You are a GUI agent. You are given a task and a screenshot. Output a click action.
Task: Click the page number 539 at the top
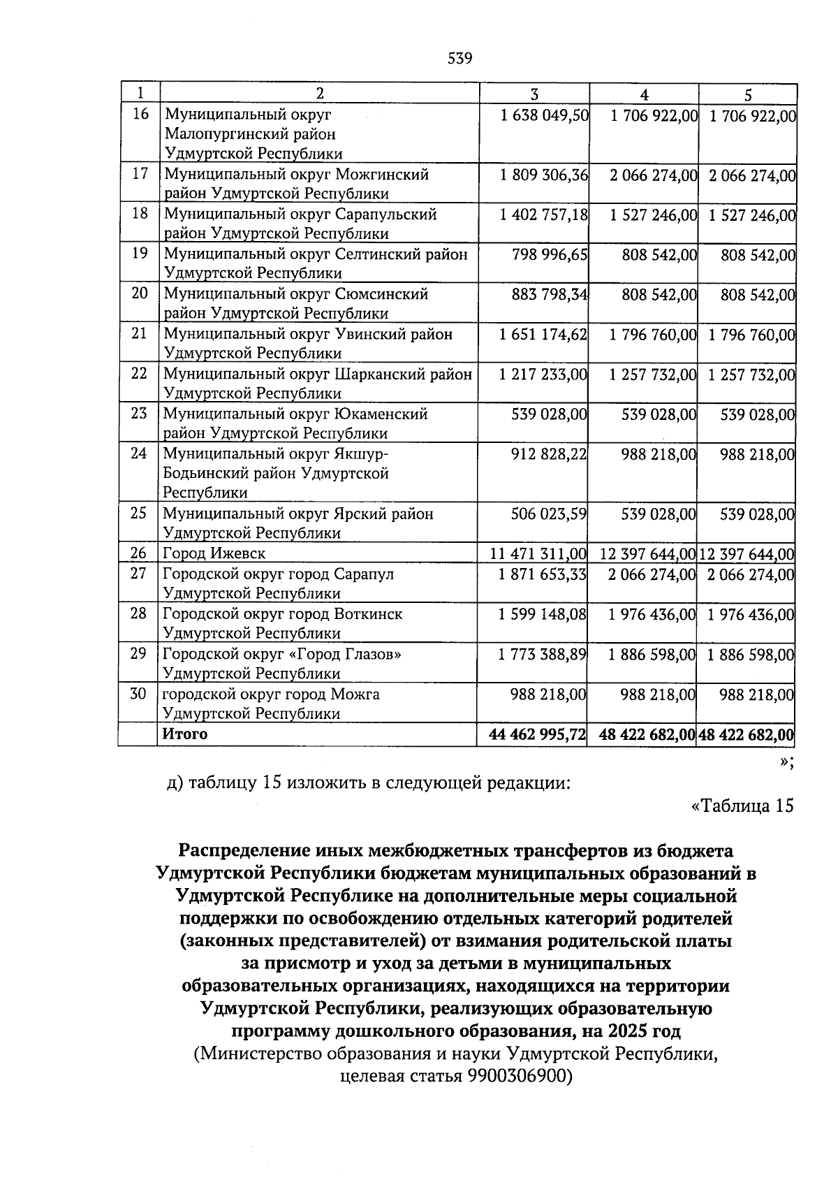pos(460,59)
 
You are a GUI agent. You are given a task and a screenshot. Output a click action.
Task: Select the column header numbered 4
pos(644,95)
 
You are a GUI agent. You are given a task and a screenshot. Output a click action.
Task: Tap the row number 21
pos(140,333)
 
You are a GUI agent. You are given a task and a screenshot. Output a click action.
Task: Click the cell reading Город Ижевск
pos(214,554)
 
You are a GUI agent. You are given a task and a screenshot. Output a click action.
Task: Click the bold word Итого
pos(185,734)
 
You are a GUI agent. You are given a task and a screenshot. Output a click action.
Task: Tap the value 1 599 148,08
pos(543,615)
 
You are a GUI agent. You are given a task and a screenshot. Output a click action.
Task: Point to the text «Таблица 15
pos(742,806)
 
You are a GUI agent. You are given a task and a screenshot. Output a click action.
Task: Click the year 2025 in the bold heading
pos(627,1031)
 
